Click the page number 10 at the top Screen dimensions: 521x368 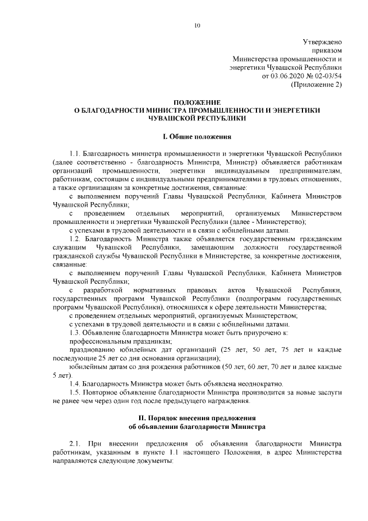(x=197, y=25)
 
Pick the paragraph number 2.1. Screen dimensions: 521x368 (x=76, y=444)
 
